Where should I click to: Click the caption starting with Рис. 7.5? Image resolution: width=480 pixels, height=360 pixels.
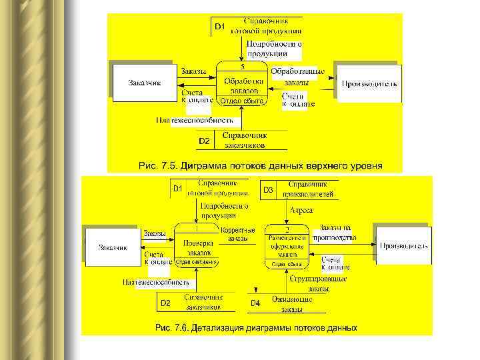click(260, 165)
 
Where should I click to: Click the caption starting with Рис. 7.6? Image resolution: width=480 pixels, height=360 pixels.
click(256, 327)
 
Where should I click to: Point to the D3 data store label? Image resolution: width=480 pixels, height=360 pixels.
click(267, 190)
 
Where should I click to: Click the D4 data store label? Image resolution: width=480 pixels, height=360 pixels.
click(255, 303)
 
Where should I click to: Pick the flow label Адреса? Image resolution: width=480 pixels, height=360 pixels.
click(301, 210)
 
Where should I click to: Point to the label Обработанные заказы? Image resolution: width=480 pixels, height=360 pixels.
click(297, 76)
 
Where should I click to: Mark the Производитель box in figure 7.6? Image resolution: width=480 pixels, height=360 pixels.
click(403, 245)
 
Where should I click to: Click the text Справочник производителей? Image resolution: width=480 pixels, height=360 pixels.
click(307, 189)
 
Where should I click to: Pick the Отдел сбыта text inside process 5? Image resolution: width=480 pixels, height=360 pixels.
click(241, 101)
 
